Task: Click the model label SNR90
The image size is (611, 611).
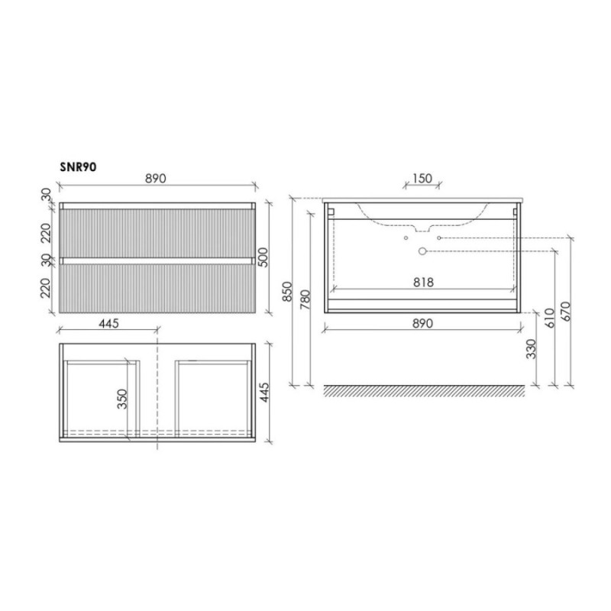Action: pyautogui.click(x=78, y=166)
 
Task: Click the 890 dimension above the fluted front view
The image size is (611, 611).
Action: pyautogui.click(x=156, y=179)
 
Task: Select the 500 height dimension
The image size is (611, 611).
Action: pyautogui.click(x=263, y=257)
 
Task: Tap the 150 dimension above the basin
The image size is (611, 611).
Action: pyautogui.click(x=422, y=179)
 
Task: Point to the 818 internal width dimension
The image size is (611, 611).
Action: pyautogui.click(x=423, y=282)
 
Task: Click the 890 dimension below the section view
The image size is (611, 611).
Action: pyautogui.click(x=422, y=323)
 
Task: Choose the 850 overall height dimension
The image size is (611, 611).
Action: pyautogui.click(x=287, y=292)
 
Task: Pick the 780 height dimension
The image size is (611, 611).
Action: pyautogui.click(x=305, y=299)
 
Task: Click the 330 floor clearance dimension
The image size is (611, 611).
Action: pyautogui.click(x=531, y=349)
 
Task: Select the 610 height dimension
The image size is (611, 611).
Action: pyautogui.click(x=549, y=318)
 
